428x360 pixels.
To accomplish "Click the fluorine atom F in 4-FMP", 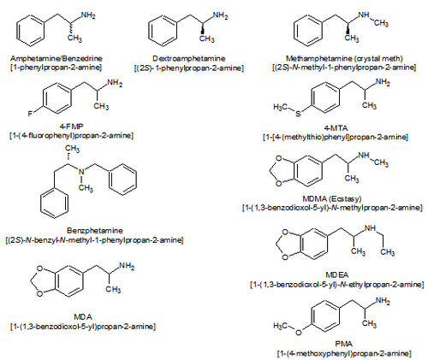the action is pos(30,114).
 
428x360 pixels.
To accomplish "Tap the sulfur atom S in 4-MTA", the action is pos(298,114).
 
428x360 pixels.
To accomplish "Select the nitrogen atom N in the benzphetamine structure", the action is pos(82,172).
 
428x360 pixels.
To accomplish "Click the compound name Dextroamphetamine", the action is pos(189,58).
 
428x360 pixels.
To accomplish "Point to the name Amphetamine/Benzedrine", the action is pos(56,58).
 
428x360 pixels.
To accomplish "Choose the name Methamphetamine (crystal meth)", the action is pos(344,58).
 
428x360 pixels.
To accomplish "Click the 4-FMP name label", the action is pos(71,127).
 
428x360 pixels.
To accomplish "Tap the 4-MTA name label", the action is pos(336,128).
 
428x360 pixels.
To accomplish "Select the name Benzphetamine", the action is pos(95,230).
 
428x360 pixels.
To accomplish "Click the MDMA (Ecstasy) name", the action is pos(332,198).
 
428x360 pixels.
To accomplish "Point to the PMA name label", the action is pos(344,344).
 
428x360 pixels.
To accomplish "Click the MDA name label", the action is pos(83,316).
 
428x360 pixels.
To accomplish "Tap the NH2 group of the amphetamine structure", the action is pos(88,15).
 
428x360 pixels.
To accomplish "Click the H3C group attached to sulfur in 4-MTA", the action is pos(280,107).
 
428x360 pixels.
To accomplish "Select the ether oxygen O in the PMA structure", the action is pos(299,333).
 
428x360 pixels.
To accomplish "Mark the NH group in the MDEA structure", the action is pos(370,228).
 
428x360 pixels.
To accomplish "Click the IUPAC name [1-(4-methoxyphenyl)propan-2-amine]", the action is pos(344,354).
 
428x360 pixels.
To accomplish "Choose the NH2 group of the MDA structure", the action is pos(127,266).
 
